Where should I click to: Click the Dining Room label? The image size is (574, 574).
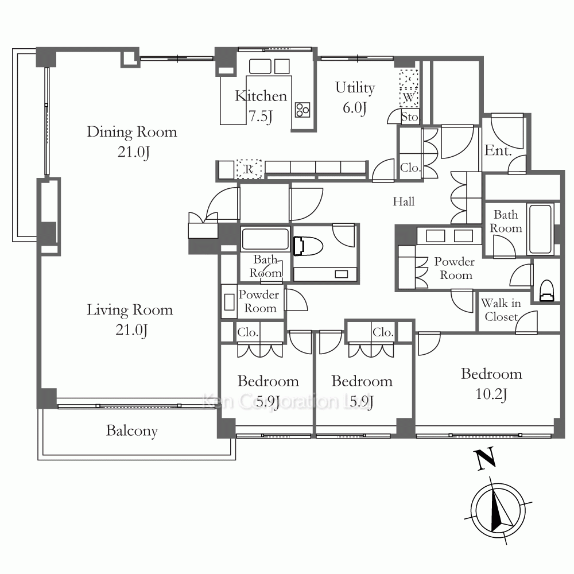pos(132,142)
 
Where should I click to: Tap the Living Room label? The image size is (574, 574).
pos(130,320)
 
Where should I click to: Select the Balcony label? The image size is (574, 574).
pos(132,430)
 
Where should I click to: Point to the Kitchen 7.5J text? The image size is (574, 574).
pos(261,106)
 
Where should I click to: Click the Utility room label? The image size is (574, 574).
pos(355,98)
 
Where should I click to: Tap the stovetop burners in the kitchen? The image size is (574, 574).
pos(302,110)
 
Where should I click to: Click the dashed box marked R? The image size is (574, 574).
pos(249,169)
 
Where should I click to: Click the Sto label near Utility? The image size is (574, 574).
pos(409,117)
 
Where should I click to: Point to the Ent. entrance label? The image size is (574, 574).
pos(498,150)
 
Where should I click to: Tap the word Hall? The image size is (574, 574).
pos(404,201)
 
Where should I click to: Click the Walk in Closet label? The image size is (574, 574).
pos(501,310)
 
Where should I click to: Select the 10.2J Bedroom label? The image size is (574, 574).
pos(492,383)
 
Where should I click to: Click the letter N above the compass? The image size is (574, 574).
pos(486,459)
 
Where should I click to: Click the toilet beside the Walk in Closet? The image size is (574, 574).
pos(546,290)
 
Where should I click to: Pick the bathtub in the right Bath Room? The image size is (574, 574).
pos(540,229)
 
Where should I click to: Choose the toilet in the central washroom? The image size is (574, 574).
pos(308,246)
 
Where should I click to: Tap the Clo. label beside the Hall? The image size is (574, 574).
pos(410,168)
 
